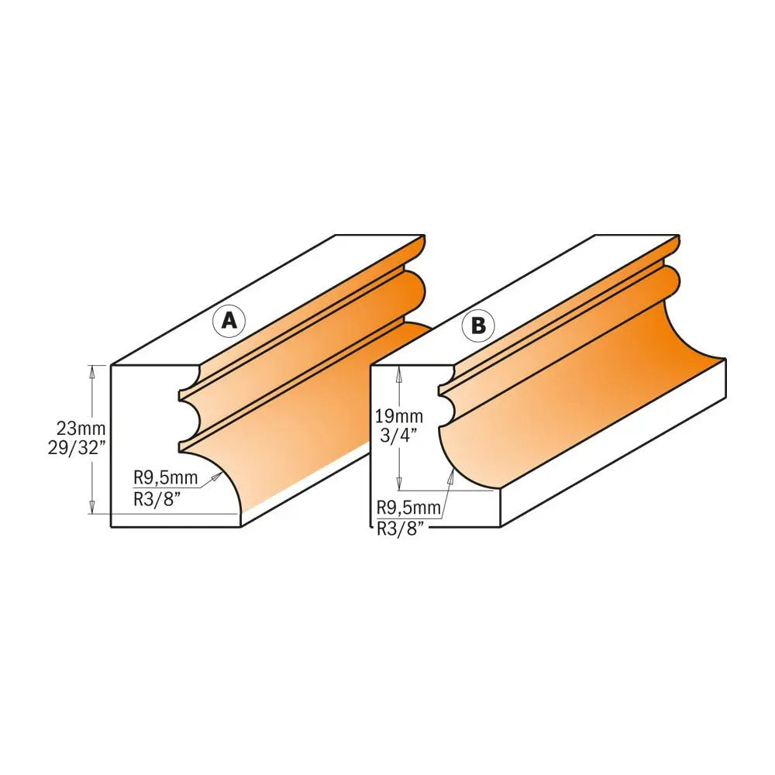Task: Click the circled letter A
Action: coord(229,320)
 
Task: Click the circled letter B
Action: coord(478,326)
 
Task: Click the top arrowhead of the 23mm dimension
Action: coord(93,370)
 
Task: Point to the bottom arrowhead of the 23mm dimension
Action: coord(93,509)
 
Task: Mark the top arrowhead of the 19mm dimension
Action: coord(399,371)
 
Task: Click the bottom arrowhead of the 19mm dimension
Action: coord(399,484)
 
